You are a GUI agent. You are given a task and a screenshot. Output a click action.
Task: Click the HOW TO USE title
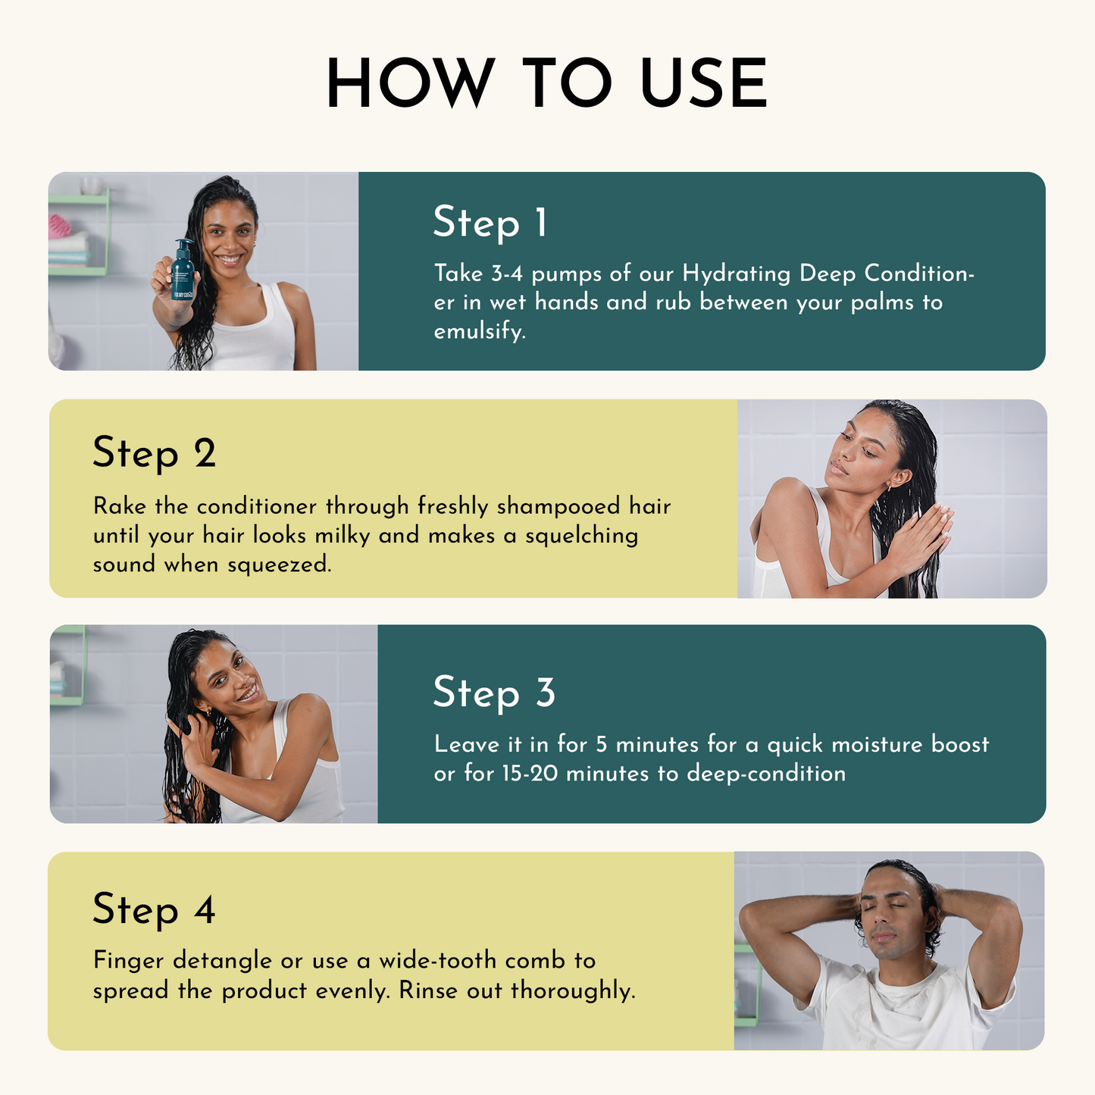coord(547,83)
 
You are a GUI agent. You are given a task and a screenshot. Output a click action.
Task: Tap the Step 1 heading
coord(490,223)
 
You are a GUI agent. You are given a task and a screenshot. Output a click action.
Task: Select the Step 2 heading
coord(154,453)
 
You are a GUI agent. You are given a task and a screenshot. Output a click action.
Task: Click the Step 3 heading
coord(493,693)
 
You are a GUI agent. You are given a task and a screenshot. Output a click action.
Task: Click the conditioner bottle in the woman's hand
coord(183,272)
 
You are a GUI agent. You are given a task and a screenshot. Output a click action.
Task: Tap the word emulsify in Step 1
coord(479,332)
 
